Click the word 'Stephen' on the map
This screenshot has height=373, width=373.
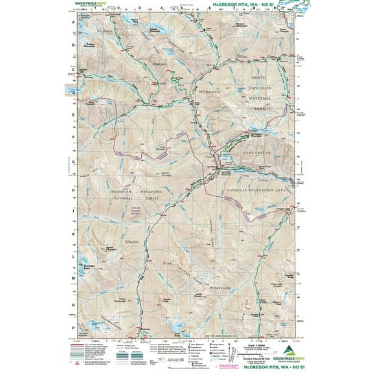(x=104, y=31)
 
